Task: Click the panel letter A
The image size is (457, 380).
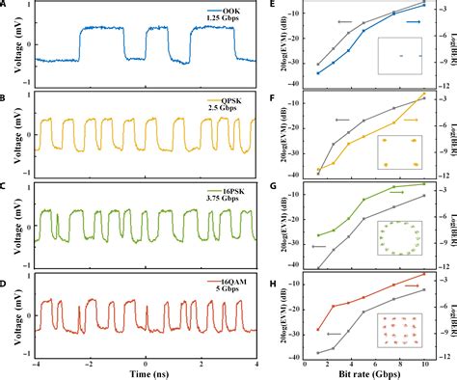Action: (x=6, y=6)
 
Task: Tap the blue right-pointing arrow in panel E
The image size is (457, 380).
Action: (x=414, y=20)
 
